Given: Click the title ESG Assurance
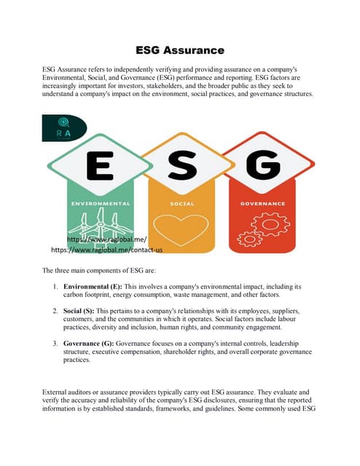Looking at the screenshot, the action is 179,50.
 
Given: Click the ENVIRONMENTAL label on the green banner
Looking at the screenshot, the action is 101,203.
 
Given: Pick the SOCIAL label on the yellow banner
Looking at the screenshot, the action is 181,203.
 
